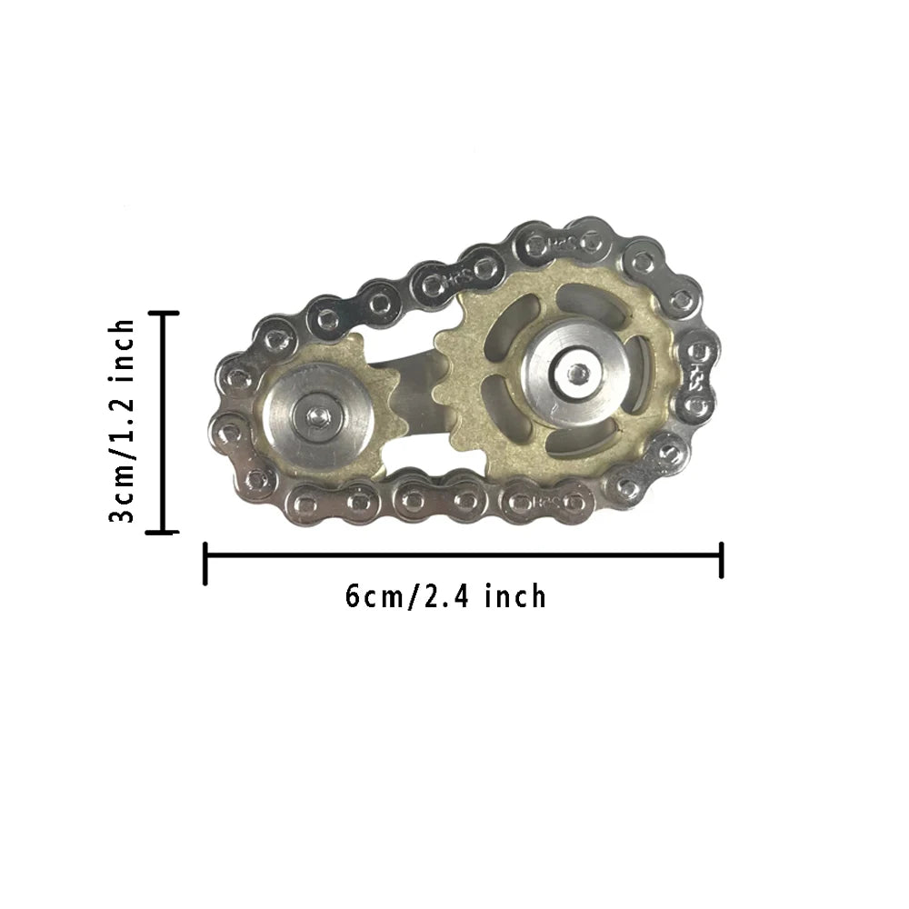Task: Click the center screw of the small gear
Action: tap(317, 415)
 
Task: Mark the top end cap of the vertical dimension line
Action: tap(164, 313)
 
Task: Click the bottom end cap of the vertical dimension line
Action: tap(164, 533)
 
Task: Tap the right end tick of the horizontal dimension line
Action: tap(721, 560)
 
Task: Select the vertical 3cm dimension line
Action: tap(164, 423)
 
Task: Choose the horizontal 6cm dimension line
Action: tap(464, 554)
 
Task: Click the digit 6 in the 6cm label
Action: tap(354, 596)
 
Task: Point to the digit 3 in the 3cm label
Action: tap(122, 514)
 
